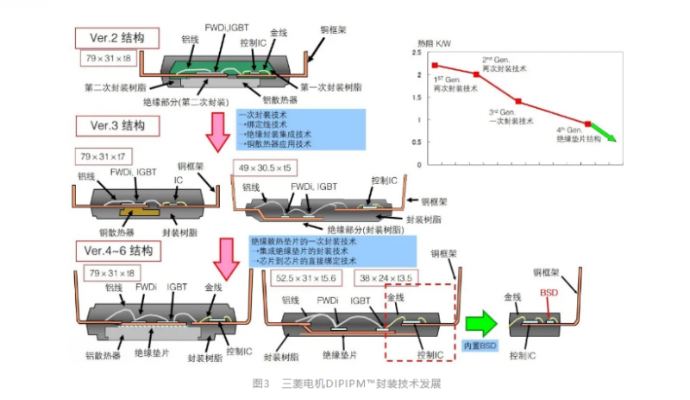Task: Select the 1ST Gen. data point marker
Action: point(436,66)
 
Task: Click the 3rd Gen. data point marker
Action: point(518,101)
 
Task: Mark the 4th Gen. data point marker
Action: point(587,124)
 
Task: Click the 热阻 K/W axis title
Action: point(434,41)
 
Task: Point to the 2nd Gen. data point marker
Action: point(476,75)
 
